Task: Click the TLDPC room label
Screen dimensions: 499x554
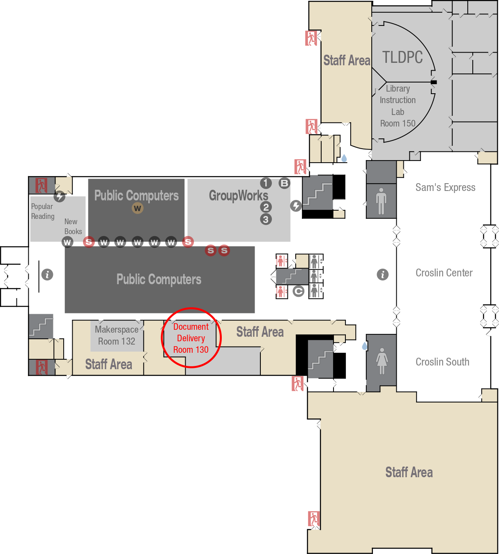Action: point(402,57)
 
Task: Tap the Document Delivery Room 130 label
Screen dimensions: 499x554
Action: point(191,338)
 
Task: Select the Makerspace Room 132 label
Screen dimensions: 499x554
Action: point(117,335)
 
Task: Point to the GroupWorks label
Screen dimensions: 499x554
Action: point(239,195)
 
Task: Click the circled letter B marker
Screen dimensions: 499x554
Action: point(284,183)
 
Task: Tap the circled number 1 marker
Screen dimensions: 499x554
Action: point(266,183)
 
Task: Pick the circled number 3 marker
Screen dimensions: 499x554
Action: point(266,219)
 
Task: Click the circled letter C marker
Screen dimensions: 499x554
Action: point(299,291)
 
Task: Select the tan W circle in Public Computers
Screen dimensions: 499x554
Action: point(138,208)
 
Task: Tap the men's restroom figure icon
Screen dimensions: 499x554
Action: point(381,201)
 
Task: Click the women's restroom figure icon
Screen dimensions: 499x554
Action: point(382,361)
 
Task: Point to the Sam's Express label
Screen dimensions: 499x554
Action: point(445,187)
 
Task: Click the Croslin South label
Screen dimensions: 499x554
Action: point(442,362)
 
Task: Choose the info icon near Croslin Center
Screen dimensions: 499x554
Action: point(383,274)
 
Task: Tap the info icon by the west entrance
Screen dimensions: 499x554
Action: point(47,274)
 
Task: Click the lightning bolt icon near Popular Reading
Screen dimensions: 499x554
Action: point(60,196)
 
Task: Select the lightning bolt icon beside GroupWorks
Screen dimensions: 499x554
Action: point(296,206)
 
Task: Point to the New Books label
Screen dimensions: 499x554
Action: point(73,226)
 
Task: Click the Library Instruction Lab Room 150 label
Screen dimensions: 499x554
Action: point(398,106)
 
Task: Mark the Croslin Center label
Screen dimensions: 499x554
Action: point(444,273)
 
